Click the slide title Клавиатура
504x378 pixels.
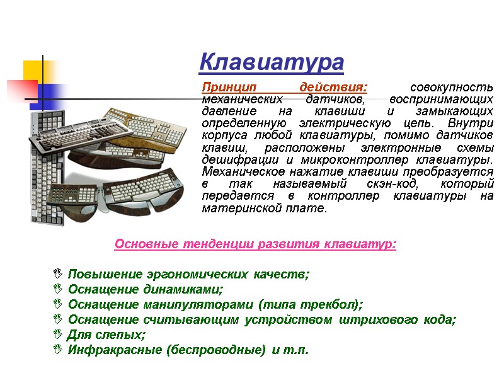pos(272,63)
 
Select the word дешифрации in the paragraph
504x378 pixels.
pos(231,160)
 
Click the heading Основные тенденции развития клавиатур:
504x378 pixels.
pos(255,244)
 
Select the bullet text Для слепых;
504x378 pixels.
pos(106,335)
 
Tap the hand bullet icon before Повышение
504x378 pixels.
pos(58,274)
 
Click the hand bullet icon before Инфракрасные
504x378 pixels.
pos(58,350)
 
